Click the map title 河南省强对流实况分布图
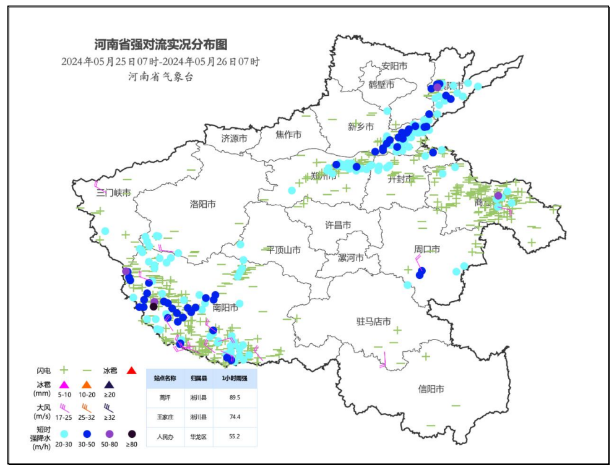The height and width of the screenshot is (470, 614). click(x=161, y=45)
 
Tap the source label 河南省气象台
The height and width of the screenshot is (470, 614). click(x=161, y=77)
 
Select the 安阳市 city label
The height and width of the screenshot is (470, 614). click(x=394, y=66)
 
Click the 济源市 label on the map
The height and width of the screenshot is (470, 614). click(x=234, y=139)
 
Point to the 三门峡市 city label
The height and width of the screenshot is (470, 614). click(x=113, y=193)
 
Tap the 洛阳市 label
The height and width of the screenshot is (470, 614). click(x=202, y=204)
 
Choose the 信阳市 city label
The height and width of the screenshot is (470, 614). click(x=431, y=389)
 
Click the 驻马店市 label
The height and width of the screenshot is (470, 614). click(x=373, y=322)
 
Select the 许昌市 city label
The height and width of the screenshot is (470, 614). click(x=338, y=224)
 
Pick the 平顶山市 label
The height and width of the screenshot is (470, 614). click(x=283, y=250)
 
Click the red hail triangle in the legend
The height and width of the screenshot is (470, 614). click(x=131, y=370)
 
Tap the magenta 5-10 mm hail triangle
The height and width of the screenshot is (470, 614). click(x=64, y=385)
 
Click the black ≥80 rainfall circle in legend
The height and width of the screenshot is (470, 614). click(x=132, y=434)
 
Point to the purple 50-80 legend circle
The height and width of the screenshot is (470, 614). click(x=110, y=434)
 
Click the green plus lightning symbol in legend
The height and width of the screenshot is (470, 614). click(x=64, y=370)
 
